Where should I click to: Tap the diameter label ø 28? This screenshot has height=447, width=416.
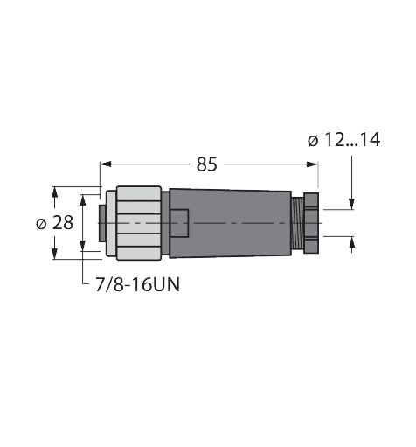tap(54, 223)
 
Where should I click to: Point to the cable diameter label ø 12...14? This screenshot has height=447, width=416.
tap(343, 139)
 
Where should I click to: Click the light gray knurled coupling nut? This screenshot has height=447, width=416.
tap(135, 223)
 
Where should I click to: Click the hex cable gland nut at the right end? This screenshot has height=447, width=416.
tap(311, 223)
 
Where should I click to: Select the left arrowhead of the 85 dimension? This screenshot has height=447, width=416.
tap(105, 164)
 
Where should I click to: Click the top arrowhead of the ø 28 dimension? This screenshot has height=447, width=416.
tap(56, 190)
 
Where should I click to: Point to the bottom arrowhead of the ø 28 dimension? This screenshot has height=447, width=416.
tap(56, 255)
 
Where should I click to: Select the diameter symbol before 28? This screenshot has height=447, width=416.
tap(40, 223)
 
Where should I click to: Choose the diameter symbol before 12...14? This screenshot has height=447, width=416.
tap(313, 139)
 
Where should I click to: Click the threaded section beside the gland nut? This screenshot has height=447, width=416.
tap(298, 223)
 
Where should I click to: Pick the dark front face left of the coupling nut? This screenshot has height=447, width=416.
tap(100, 223)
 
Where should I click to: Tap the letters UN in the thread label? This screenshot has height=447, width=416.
tap(168, 285)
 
